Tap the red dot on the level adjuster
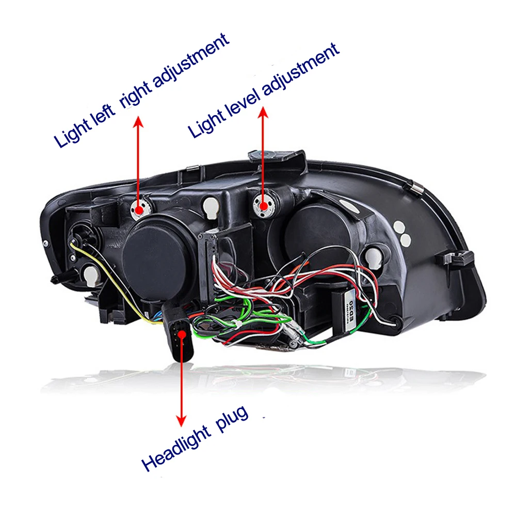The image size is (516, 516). tap(264, 205)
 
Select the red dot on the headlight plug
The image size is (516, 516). tap(181, 334)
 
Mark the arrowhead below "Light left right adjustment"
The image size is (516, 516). tap(138, 122)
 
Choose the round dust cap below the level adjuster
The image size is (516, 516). tap(310, 235)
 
